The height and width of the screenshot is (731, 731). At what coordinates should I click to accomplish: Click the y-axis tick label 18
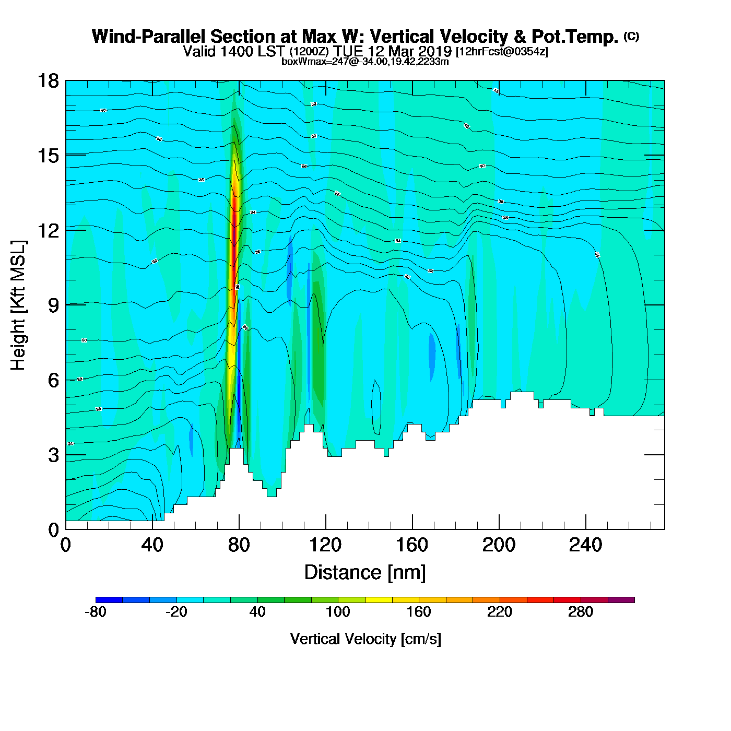(x=48, y=81)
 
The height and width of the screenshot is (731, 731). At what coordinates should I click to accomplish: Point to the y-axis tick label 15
(x=48, y=156)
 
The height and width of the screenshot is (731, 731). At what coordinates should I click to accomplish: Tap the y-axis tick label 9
(x=53, y=305)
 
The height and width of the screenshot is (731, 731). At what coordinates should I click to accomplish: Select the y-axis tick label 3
(x=53, y=455)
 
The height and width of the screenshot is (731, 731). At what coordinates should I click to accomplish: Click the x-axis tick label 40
(x=152, y=546)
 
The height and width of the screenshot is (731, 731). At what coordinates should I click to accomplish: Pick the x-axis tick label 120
(x=325, y=546)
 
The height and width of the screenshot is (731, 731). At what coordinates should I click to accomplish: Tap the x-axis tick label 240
(x=585, y=546)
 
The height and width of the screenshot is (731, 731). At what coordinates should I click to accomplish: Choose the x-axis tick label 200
(x=499, y=546)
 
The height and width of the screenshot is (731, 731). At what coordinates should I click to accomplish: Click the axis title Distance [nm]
(x=365, y=573)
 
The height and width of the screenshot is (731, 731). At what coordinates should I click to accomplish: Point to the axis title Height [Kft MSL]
(x=18, y=305)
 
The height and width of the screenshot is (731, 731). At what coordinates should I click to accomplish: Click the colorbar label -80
(x=96, y=612)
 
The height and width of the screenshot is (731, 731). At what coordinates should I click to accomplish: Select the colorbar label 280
(x=581, y=612)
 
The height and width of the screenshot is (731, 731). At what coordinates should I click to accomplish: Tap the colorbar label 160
(x=419, y=612)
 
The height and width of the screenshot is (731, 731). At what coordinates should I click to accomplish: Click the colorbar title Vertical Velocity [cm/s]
(x=365, y=639)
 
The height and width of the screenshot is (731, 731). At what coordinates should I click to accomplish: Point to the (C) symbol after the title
(x=631, y=36)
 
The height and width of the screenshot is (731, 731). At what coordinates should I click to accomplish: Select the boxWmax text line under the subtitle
(x=365, y=61)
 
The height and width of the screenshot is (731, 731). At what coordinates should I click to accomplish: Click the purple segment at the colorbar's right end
(x=621, y=600)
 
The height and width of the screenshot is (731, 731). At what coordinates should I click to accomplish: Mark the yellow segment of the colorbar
(x=379, y=600)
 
